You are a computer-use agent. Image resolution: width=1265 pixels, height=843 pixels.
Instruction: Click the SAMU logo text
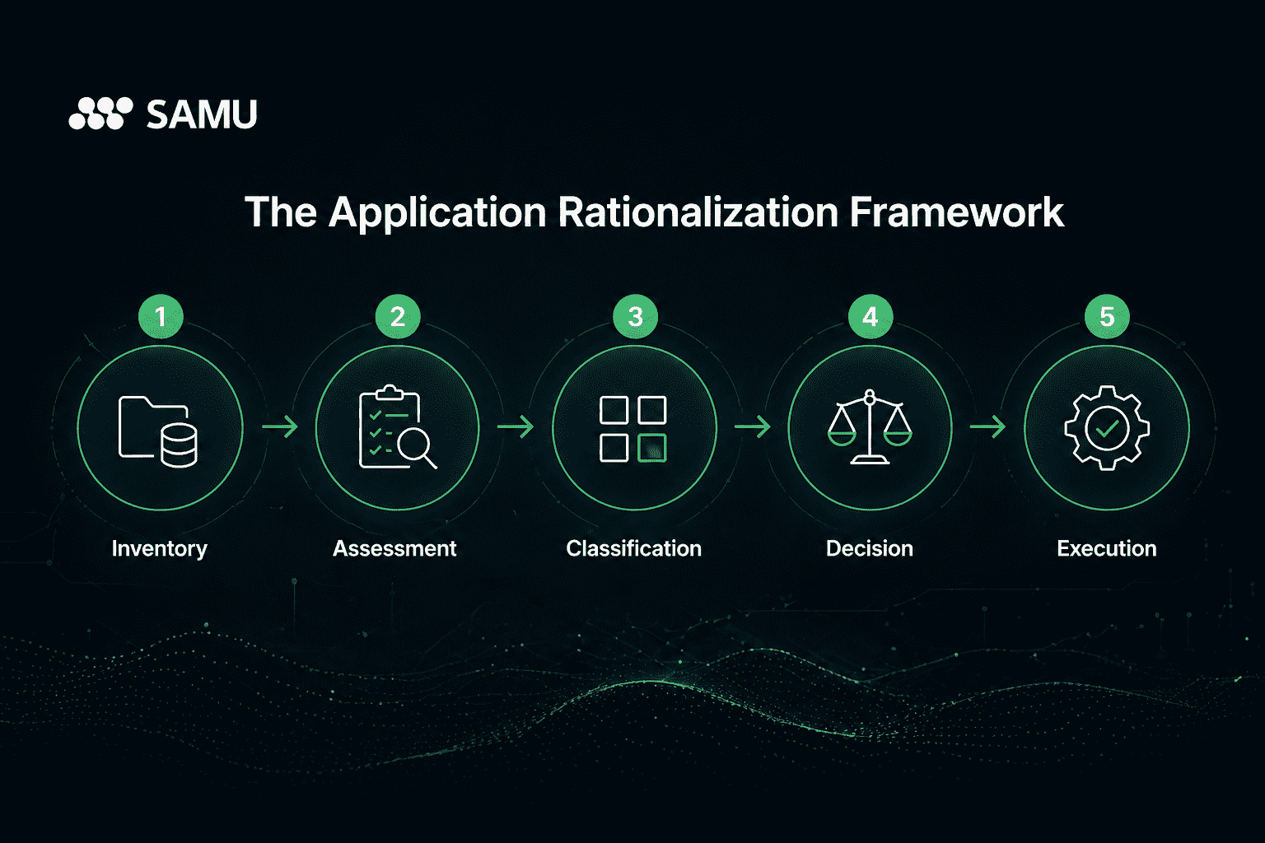(x=201, y=114)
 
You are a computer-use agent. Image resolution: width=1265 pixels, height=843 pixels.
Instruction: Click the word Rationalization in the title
(x=697, y=212)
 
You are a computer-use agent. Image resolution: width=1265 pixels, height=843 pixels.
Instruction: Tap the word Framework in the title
(x=956, y=212)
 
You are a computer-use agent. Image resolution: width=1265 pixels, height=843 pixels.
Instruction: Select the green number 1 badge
(x=161, y=317)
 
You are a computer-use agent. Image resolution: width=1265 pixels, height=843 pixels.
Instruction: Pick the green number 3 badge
(x=635, y=317)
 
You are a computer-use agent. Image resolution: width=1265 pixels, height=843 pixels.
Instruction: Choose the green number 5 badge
(x=1107, y=317)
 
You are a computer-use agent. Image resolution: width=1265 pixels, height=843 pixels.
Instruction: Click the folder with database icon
(x=158, y=430)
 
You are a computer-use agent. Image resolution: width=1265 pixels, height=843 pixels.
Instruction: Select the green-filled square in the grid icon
(x=652, y=448)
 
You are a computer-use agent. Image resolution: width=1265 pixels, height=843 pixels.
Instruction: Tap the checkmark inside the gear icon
(x=1107, y=427)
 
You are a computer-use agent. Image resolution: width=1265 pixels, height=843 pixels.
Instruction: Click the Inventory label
(x=160, y=548)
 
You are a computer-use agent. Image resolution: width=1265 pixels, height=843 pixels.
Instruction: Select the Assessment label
(x=394, y=548)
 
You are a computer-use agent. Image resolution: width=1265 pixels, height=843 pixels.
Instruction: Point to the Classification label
(x=633, y=548)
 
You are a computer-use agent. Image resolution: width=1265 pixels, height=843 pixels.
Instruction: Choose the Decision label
(x=870, y=548)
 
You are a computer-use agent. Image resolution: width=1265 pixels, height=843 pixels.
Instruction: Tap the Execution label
(x=1107, y=548)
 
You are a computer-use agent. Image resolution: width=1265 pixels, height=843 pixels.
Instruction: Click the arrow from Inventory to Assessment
(x=279, y=426)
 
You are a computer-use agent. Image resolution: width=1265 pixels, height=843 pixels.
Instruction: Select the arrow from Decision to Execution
(x=987, y=426)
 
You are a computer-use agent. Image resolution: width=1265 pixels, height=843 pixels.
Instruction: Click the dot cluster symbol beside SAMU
(x=100, y=114)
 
